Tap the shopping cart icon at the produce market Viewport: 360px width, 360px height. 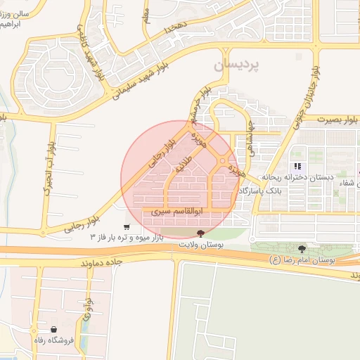(x=126, y=226)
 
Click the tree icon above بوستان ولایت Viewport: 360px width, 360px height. (x=202, y=233)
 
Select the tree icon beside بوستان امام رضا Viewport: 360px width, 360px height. (x=302, y=249)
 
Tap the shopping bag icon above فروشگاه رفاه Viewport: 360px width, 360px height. (x=54, y=328)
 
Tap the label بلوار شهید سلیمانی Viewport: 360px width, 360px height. (x=146, y=86)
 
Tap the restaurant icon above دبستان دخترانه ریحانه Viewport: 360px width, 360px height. (x=298, y=167)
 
